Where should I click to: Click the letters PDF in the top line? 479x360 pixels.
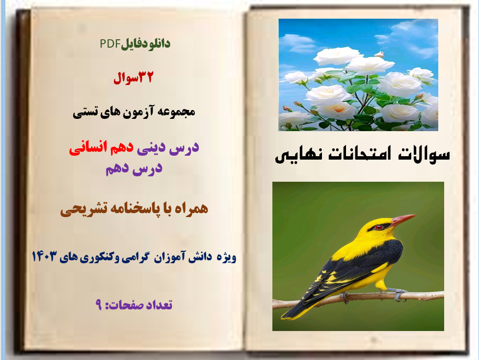(110, 44)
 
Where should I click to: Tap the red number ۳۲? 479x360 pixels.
(145, 77)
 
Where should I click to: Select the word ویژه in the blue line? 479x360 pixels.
(227, 257)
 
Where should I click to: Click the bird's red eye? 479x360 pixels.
(378, 227)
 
